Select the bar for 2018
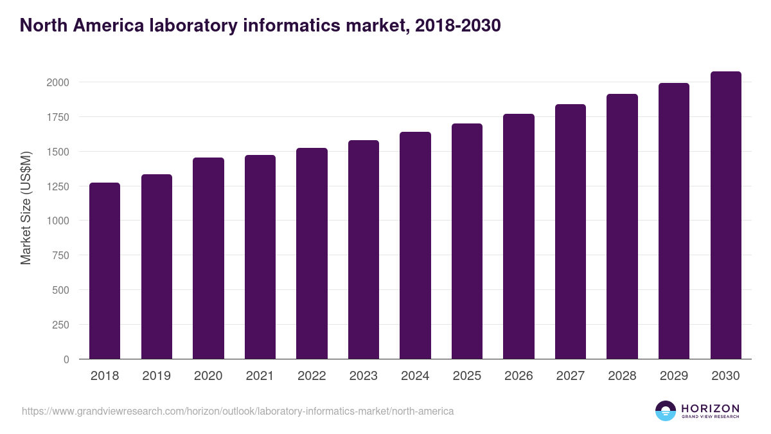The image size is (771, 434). [x=105, y=271]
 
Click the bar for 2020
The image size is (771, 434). [x=208, y=258]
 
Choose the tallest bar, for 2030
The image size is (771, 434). [x=725, y=215]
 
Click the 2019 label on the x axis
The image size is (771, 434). [x=156, y=376]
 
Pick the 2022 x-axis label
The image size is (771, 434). [x=312, y=376]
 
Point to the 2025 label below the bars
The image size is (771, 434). [x=466, y=376]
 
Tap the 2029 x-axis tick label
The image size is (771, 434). [x=673, y=376]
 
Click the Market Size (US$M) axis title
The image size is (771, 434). [x=26, y=208]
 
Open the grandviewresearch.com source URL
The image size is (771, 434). [x=238, y=411]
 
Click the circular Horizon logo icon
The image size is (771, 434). [x=665, y=411]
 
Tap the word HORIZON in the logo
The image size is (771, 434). [x=710, y=408]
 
